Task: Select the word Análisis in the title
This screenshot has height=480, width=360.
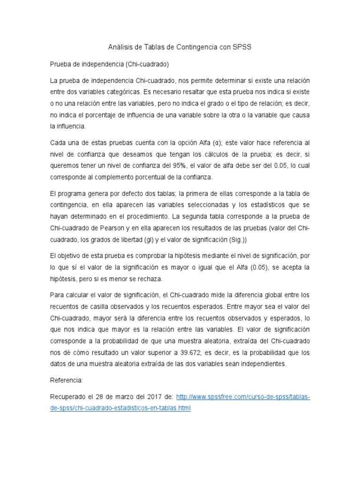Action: coord(122,47)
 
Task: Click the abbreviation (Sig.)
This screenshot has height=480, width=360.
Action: coord(239,240)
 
